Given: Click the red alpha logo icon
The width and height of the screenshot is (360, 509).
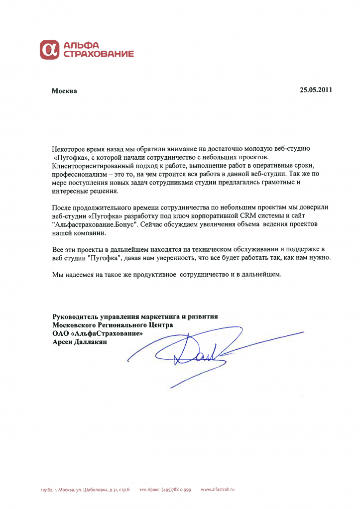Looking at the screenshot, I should [x=49, y=49].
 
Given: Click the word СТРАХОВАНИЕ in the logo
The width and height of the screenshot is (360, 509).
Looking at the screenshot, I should [x=98, y=53].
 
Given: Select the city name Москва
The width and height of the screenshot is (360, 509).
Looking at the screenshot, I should [x=65, y=91].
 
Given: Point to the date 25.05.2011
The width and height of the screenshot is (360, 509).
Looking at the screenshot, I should [x=316, y=90].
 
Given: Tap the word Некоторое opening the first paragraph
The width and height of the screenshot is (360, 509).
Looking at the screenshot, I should [x=69, y=149].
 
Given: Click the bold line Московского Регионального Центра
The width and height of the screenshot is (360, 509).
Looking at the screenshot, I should [x=113, y=325].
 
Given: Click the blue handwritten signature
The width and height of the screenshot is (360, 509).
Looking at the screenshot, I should [x=199, y=354].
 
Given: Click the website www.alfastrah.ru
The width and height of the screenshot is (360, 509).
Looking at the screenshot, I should [x=218, y=490].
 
